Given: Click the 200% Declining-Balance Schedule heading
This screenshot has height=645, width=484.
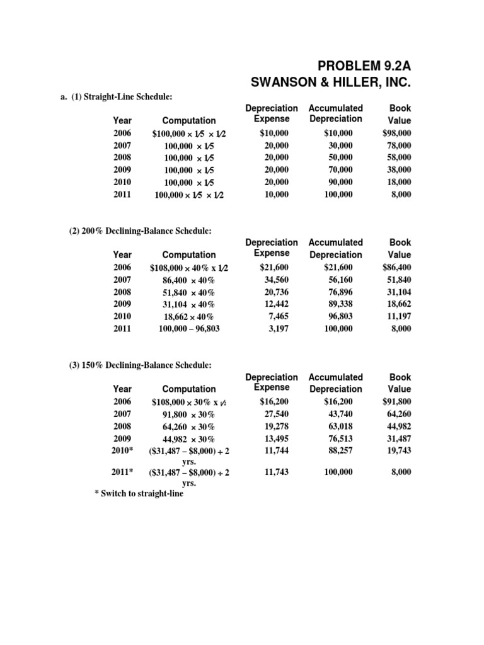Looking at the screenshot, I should pos(140,231).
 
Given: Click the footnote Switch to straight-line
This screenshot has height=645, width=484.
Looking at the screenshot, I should pos(139,494).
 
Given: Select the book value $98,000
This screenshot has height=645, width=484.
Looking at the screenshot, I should pos(396,133).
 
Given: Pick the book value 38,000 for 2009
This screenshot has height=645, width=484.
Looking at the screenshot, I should pos(399,170).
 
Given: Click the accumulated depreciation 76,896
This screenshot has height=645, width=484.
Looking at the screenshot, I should pos(338,292).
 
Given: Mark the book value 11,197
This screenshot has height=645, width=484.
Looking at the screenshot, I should pos(399,316).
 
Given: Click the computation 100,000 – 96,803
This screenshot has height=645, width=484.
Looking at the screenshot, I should pos(188,329).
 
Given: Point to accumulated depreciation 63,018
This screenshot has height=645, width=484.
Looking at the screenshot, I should pos(338,426).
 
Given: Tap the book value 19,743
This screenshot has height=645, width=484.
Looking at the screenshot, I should pos(399,450).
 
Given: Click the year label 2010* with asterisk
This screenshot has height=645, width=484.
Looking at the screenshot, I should pos(123,450).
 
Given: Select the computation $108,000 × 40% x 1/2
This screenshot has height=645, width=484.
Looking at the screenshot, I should pos(188,268).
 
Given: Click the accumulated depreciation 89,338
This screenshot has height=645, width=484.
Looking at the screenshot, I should pos(338,304).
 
